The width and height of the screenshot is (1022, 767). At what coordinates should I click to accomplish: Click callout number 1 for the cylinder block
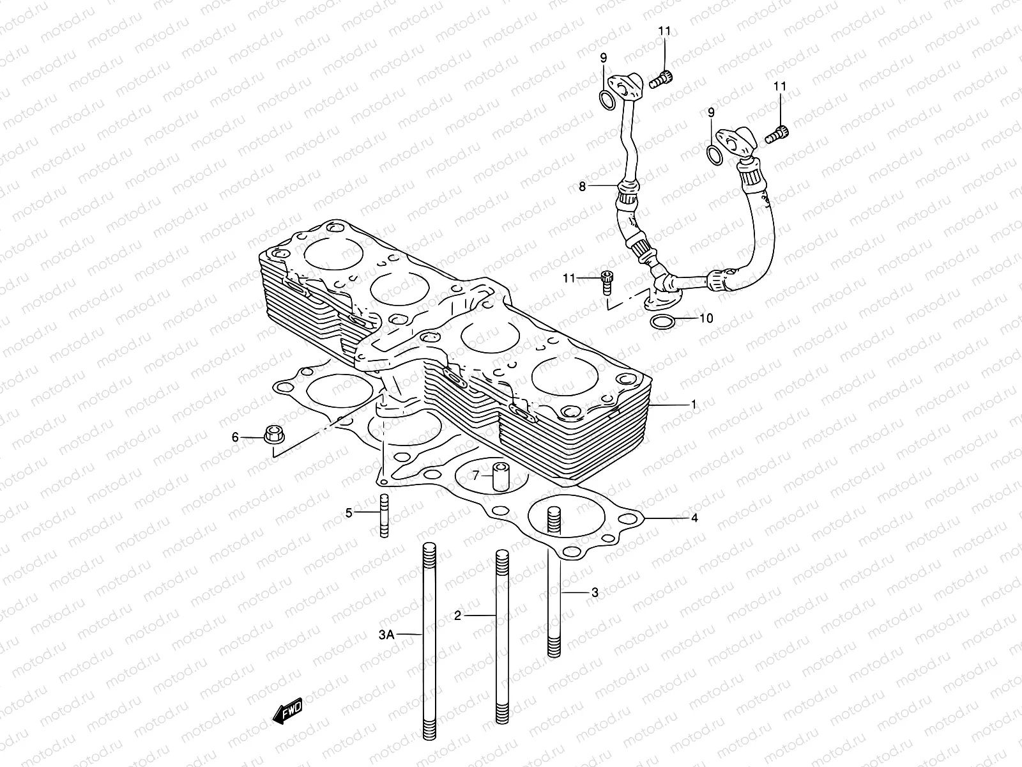(x=694, y=405)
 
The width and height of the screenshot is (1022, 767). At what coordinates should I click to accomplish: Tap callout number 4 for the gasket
(x=694, y=518)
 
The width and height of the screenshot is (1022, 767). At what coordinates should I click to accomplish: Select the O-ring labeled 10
(x=662, y=323)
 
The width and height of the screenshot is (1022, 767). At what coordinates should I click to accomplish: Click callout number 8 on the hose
(x=582, y=187)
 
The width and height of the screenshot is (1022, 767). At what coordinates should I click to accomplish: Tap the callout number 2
(x=457, y=616)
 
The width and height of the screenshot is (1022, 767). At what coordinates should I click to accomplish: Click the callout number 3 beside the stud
(x=594, y=593)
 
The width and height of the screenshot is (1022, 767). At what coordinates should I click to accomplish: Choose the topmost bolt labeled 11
(x=662, y=81)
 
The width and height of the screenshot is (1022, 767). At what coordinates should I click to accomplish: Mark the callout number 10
(x=706, y=318)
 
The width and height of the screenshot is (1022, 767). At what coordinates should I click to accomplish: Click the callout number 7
(x=476, y=476)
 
